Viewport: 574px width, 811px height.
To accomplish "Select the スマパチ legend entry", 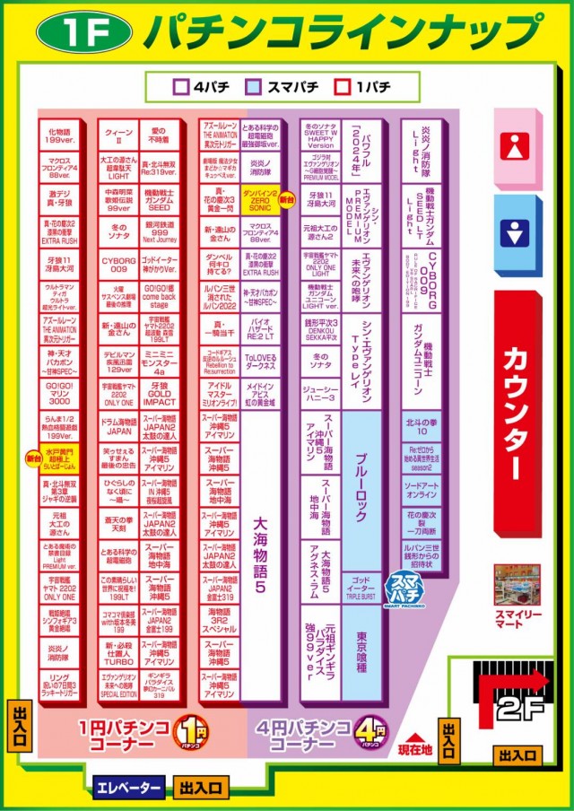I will click(281, 87).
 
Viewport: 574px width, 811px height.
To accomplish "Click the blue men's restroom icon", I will click(514, 234).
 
